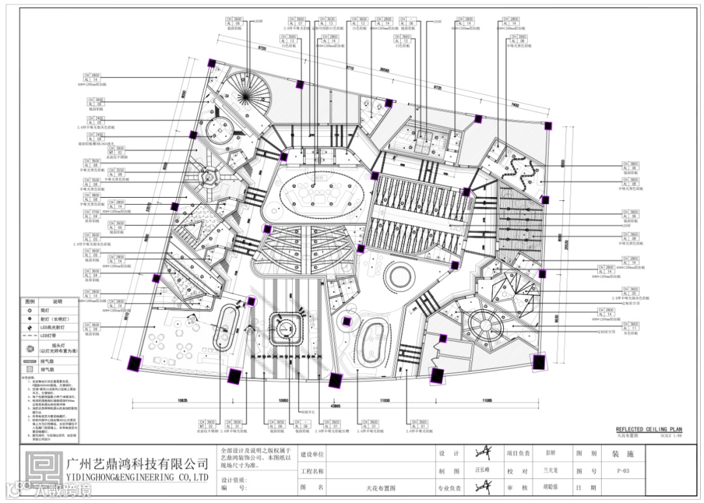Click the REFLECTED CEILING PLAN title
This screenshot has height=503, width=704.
(649, 429)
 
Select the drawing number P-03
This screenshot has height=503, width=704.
(623, 470)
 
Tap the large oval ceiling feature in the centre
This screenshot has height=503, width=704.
(317, 191)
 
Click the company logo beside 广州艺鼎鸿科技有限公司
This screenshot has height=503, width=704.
(41, 468)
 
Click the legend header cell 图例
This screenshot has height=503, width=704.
(30, 302)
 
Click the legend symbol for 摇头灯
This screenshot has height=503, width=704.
(29, 346)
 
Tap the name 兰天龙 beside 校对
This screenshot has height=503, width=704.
(551, 470)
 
